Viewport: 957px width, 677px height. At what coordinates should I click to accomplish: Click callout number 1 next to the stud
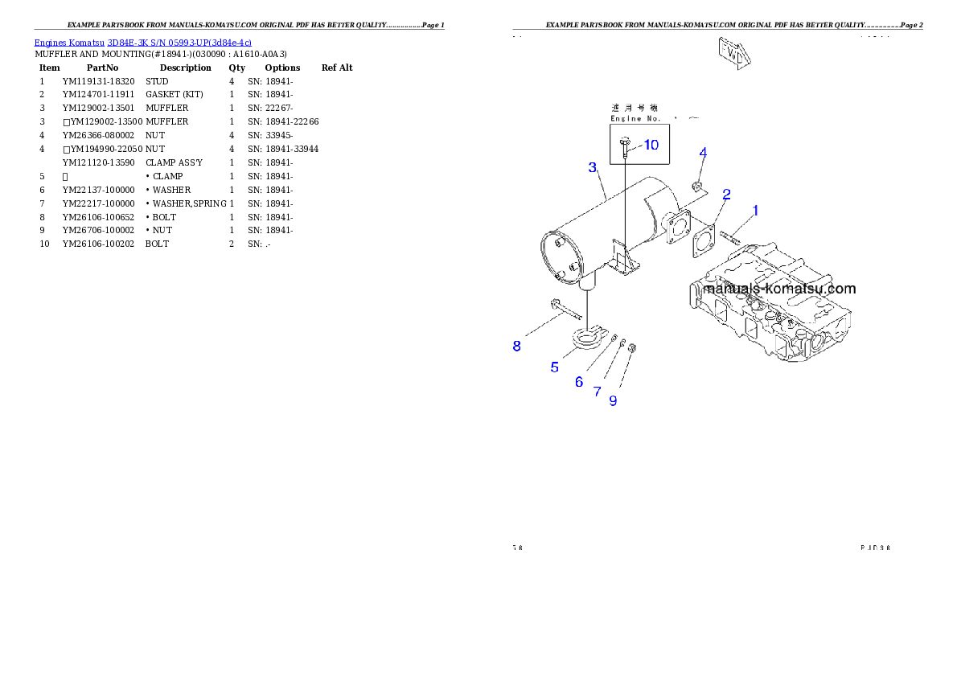(x=755, y=211)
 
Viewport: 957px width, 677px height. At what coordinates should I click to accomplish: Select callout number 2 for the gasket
(x=726, y=194)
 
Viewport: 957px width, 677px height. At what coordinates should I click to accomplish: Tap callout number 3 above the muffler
(x=593, y=167)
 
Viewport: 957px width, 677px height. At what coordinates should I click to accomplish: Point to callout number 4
(x=703, y=153)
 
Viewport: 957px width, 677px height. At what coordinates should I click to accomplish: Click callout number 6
(x=579, y=382)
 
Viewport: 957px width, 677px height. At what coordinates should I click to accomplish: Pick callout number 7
(x=598, y=392)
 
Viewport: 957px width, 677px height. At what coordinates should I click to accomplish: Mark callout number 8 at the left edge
(x=517, y=347)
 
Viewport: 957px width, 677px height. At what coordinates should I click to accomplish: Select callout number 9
(x=614, y=400)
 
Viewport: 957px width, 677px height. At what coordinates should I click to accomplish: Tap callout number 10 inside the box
(x=650, y=145)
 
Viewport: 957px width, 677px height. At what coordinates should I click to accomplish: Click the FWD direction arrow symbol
(x=734, y=52)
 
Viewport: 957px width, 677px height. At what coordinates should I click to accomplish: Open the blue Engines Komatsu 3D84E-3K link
(x=142, y=43)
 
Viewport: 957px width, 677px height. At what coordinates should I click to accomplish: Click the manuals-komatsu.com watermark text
(x=779, y=289)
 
